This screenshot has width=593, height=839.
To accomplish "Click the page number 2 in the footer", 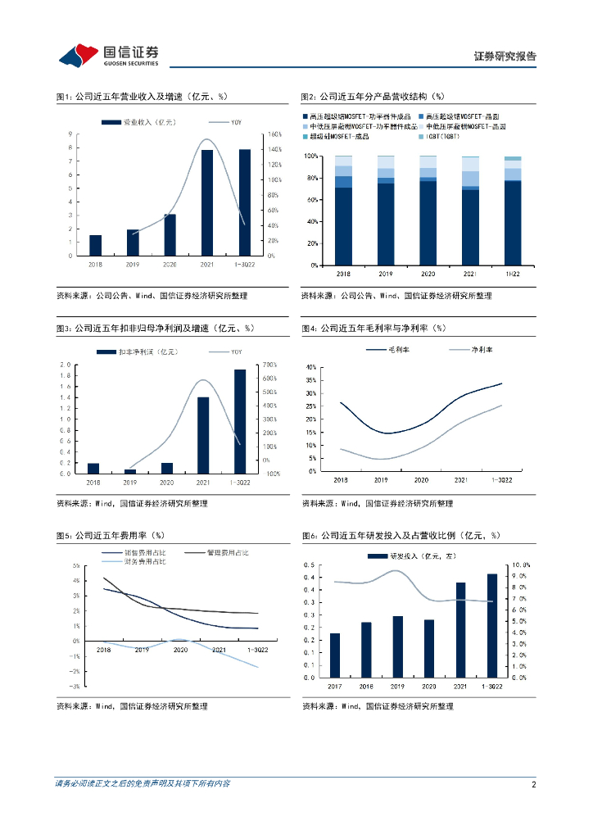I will [533, 784].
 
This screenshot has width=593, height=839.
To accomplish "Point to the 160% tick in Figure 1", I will [275, 134].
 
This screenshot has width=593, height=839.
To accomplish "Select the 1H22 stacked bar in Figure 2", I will [513, 211].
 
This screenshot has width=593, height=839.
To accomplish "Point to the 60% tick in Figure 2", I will [311, 200].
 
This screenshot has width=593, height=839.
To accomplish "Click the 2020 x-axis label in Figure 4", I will [421, 479].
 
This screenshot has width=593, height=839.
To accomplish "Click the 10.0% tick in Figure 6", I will [521, 565].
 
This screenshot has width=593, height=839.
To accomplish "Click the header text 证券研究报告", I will [505, 57].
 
